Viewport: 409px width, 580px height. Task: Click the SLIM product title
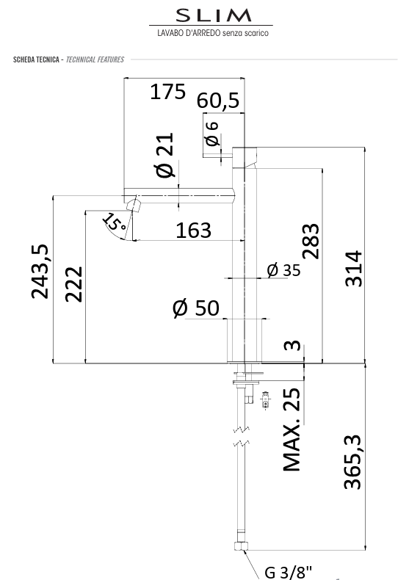(214, 15)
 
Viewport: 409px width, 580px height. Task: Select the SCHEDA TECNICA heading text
(36, 59)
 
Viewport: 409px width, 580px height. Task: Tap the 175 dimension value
(167, 92)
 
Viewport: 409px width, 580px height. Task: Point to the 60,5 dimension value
(218, 101)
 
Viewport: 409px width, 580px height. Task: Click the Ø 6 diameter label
(212, 133)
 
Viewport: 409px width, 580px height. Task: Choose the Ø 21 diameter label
(165, 155)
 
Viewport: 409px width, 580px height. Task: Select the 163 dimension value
(193, 230)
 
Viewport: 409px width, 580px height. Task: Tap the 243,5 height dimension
(40, 271)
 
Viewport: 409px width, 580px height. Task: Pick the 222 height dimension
(73, 284)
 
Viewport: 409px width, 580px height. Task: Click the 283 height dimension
(311, 241)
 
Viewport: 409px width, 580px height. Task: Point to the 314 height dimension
(353, 269)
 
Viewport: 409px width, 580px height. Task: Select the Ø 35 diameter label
(283, 270)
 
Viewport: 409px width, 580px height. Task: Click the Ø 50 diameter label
(195, 308)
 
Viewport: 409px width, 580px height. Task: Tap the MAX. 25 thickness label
(292, 429)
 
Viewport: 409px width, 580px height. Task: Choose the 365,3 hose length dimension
(352, 462)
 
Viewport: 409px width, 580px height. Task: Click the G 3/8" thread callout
(289, 571)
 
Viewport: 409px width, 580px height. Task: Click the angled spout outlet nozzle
(134, 205)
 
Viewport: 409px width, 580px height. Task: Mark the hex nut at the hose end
(241, 546)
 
